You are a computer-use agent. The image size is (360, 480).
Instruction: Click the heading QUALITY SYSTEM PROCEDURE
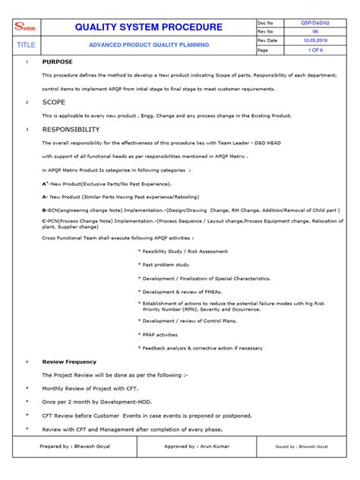coord(149,27)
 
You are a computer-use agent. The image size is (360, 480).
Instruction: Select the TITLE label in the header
coord(27,45)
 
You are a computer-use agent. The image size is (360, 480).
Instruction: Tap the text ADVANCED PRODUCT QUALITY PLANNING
coord(149,45)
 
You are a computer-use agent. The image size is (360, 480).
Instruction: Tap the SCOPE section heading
coord(54,101)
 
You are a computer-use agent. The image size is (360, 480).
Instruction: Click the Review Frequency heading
coord(69,362)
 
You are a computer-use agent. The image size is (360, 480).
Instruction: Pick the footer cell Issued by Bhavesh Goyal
coord(301,447)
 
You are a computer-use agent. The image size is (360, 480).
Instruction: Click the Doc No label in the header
coord(269,24)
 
